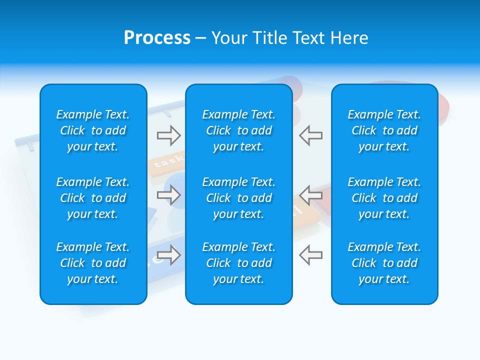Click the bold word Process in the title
[x=157, y=37]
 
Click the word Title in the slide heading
[x=270, y=37]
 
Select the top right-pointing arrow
[x=168, y=135]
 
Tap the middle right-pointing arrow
[x=168, y=195]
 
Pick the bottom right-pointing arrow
[x=168, y=254]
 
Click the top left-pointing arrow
[x=310, y=135]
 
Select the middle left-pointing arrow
[x=310, y=195]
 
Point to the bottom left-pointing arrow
[x=310, y=254]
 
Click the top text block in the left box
[x=93, y=130]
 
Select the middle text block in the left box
[x=93, y=198]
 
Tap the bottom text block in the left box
[x=93, y=263]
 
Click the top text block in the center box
[x=238, y=130]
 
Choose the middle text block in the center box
[x=238, y=198]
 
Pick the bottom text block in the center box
[x=238, y=263]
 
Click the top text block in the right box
[x=384, y=130]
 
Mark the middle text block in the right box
[x=384, y=198]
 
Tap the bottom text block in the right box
[x=384, y=263]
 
